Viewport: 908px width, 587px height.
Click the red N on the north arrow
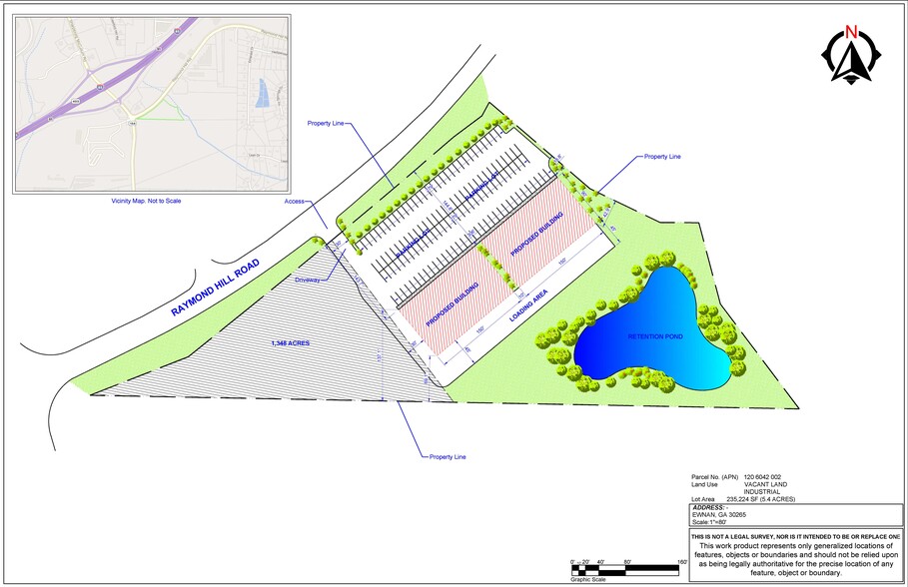(851, 29)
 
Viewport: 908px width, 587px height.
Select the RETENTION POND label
(656, 337)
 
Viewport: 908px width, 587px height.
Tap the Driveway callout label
(307, 280)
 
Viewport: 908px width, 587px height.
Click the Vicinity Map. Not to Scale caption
(146, 201)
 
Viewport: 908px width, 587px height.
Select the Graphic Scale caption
(588, 579)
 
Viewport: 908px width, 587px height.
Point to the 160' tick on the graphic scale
(683, 563)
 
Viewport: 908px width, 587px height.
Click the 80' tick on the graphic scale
(627, 563)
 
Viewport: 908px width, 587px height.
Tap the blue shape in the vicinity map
(263, 93)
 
